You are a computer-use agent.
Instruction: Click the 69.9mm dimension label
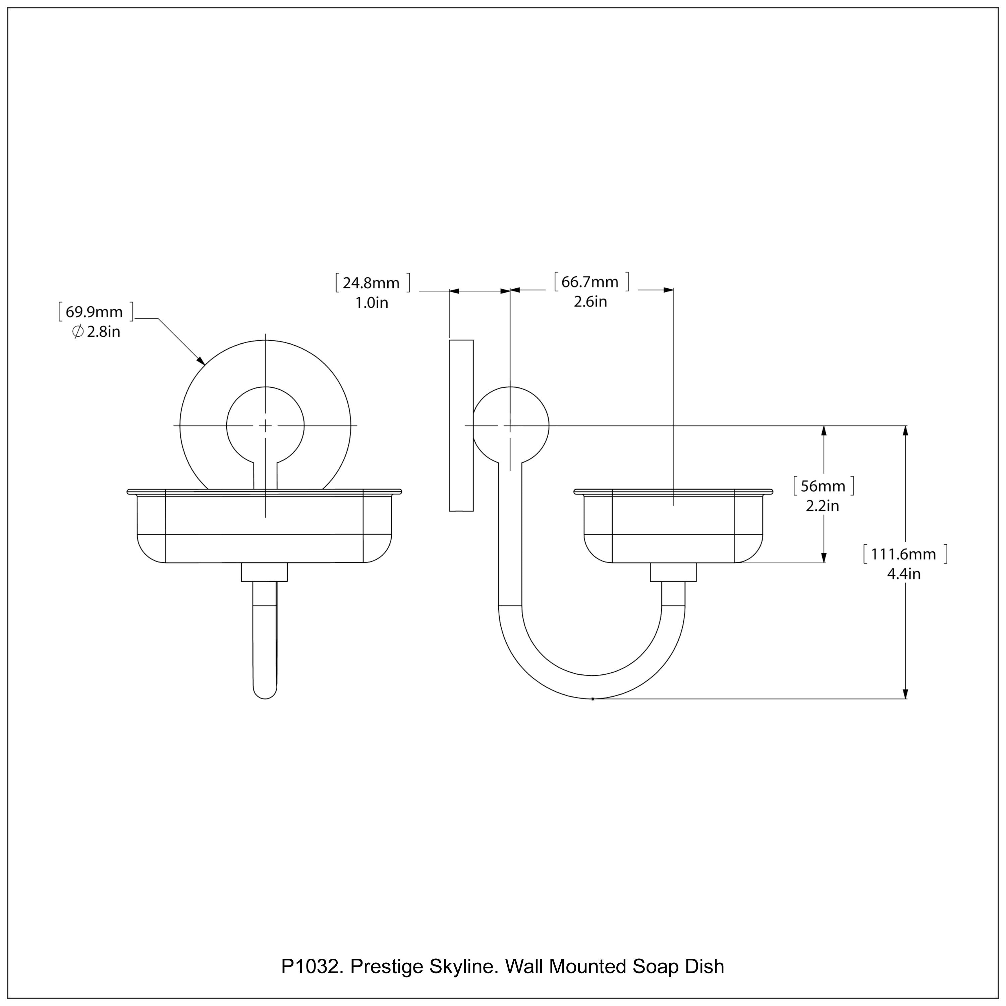tap(94, 312)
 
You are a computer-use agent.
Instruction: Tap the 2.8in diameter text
tap(103, 332)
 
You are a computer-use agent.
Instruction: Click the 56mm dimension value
tap(823, 486)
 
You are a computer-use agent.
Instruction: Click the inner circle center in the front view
tap(266, 426)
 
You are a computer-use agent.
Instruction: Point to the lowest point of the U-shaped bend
tap(593, 698)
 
